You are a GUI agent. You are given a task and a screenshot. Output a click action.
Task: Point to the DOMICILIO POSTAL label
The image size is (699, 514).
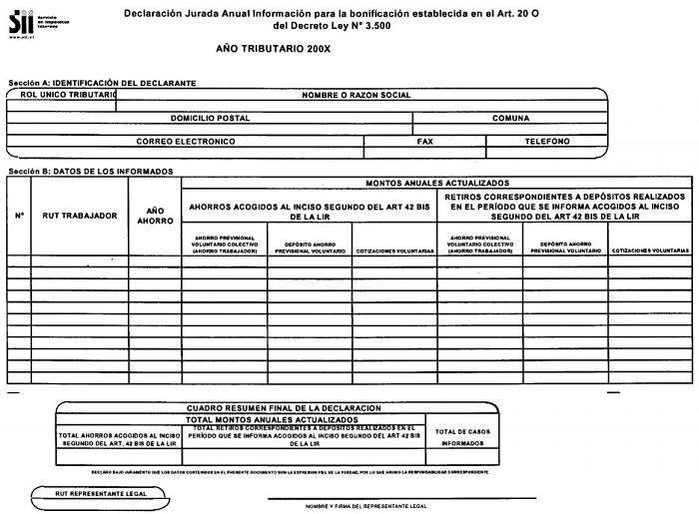point(210,118)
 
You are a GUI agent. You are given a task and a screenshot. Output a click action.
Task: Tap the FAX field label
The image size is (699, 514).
point(424,142)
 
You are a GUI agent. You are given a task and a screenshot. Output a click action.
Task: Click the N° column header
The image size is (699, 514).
point(19,216)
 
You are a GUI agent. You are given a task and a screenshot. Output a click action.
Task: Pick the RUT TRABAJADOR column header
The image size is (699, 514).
point(80,216)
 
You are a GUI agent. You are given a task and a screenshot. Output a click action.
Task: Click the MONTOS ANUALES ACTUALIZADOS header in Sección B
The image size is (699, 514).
point(437,184)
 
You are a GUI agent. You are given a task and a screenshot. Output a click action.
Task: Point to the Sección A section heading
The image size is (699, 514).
point(101,82)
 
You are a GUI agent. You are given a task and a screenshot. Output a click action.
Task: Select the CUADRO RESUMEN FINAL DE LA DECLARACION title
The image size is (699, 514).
point(285,409)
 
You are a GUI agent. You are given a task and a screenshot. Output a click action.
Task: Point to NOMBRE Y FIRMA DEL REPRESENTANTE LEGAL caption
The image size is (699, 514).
point(366,506)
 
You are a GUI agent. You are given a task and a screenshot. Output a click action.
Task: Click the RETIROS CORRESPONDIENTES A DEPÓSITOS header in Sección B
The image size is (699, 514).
point(565,207)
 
